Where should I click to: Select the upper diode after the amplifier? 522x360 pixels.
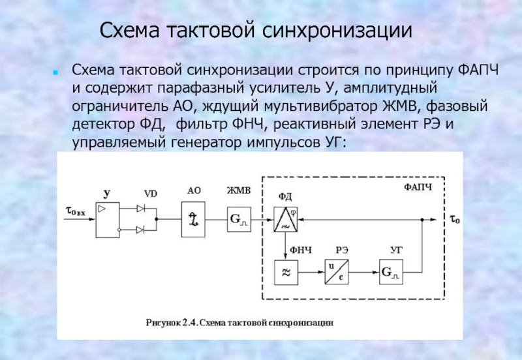point(141,208)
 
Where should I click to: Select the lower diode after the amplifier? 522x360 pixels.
point(141,229)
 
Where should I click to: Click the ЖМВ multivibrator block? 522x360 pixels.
point(238,218)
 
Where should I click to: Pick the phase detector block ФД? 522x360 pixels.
point(285,218)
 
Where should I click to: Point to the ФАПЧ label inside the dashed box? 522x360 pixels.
point(418,187)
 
